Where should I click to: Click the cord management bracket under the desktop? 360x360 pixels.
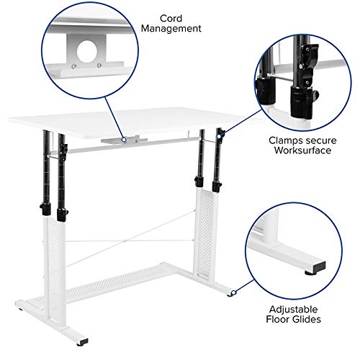pos(115,140)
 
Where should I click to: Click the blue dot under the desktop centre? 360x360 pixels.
pos(124,138)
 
